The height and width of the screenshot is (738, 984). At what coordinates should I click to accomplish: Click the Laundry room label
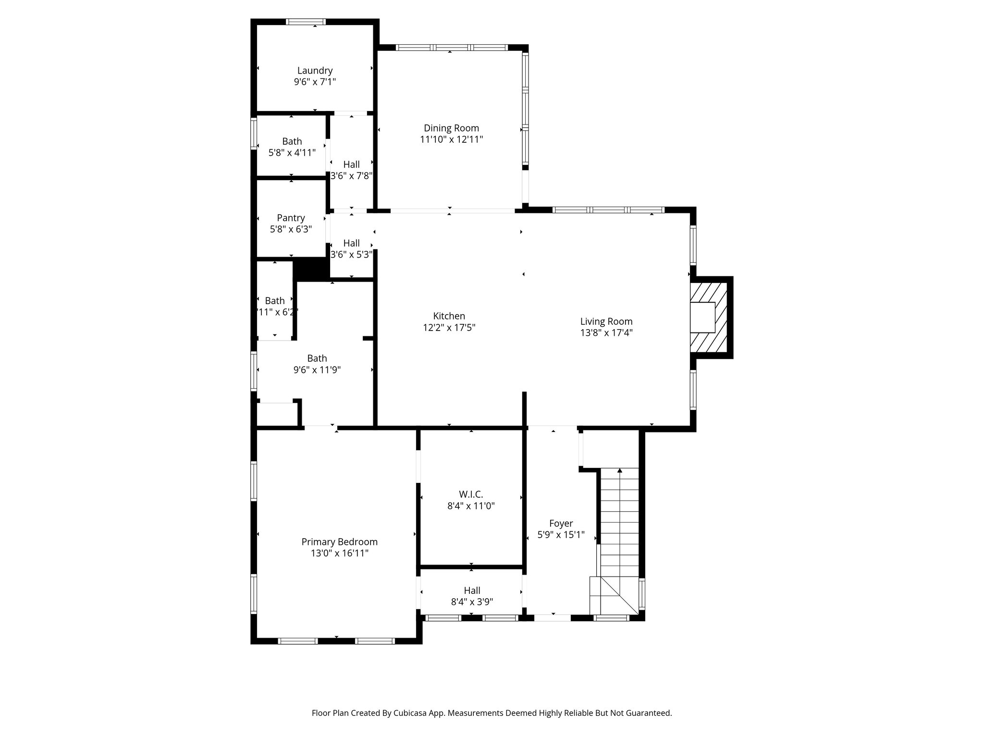(315, 71)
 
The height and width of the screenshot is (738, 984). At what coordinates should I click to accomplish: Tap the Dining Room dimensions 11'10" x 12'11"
(451, 140)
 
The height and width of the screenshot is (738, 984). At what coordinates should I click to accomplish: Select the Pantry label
(291, 218)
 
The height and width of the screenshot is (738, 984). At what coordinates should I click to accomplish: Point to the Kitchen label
(449, 316)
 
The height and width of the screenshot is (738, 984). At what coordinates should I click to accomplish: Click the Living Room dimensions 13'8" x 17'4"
(606, 333)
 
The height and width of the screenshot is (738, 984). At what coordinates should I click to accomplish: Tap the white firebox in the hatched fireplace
(702, 317)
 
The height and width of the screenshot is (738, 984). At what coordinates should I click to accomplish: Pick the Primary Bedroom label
(339, 542)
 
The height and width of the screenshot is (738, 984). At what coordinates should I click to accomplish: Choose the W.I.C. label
(470, 494)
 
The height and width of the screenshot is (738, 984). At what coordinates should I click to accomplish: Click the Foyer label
(561, 524)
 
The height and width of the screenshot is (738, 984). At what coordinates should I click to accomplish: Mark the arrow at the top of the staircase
(620, 470)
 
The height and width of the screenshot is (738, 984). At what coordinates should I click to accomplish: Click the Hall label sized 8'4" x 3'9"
(472, 590)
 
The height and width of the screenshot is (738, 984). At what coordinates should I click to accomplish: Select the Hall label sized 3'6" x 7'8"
(351, 164)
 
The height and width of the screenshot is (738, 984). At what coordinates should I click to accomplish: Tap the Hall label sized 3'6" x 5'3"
(351, 243)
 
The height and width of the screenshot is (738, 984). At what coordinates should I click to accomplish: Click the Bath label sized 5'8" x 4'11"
(292, 141)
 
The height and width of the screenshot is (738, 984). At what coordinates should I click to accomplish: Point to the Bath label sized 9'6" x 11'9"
(317, 358)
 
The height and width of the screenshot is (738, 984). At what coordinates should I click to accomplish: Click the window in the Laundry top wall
(306, 22)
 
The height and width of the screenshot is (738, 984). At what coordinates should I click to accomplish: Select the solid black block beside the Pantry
(311, 269)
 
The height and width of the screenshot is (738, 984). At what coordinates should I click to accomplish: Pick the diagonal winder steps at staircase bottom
(615, 596)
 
